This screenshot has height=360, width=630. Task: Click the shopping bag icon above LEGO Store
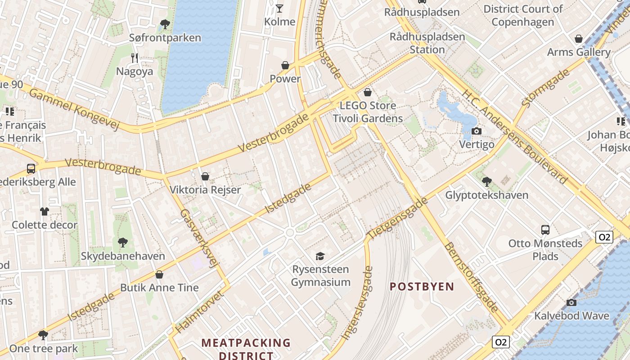(368, 93)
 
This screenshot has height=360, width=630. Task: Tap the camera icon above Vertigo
(476, 131)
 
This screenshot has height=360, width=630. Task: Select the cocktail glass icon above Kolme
(279, 8)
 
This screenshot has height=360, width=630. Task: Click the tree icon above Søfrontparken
(165, 24)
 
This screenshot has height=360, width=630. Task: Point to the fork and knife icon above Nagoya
(134, 58)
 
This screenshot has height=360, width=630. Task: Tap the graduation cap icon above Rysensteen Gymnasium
(320, 256)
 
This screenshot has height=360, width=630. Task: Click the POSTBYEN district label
(422, 287)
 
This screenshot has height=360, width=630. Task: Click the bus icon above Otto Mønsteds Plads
(545, 230)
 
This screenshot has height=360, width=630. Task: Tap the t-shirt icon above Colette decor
(44, 211)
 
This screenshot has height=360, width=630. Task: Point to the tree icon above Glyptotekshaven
(486, 182)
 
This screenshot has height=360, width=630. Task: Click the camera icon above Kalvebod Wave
(571, 302)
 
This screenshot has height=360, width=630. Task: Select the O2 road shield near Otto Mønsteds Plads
(604, 237)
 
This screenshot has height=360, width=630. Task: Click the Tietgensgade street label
(397, 219)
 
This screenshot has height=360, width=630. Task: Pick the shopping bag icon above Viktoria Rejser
(205, 176)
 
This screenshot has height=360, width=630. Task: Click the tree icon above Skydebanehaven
(122, 243)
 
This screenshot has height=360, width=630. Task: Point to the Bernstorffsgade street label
(471, 277)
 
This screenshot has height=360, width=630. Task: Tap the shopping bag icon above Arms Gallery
(579, 39)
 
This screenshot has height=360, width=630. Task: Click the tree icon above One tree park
(43, 335)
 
